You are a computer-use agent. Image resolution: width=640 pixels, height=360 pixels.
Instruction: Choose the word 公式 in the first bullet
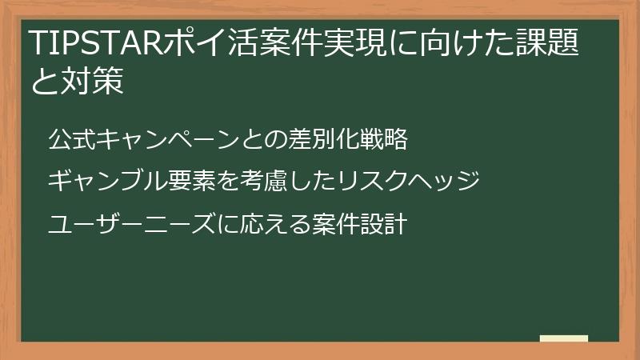72,139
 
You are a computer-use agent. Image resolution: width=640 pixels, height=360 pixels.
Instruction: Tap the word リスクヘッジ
409,181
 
